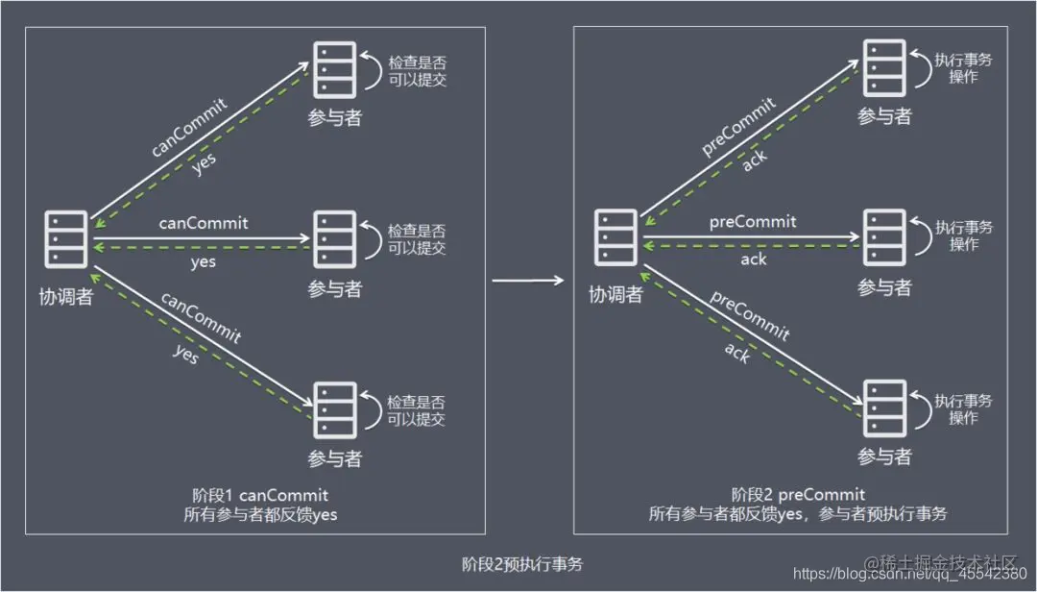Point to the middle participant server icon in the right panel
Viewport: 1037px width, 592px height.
pyautogui.click(x=883, y=236)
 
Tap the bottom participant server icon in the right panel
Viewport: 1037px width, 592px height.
pyautogui.click(x=883, y=408)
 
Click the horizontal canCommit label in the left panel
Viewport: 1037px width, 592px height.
pyautogui.click(x=204, y=223)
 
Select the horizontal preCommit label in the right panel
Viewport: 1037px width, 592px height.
pyautogui.click(x=753, y=222)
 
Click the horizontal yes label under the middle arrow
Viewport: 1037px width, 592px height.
pyautogui.click(x=204, y=261)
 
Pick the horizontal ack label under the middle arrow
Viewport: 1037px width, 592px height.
pyautogui.click(x=754, y=259)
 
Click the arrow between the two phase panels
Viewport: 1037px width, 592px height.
pyautogui.click(x=527, y=282)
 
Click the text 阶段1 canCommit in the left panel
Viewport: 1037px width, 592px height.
pyautogui.click(x=260, y=495)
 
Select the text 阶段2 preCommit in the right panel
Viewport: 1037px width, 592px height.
pyautogui.click(x=798, y=495)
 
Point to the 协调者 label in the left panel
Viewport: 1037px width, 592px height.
pyautogui.click(x=70, y=297)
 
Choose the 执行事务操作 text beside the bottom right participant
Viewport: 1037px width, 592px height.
pyautogui.click(x=964, y=409)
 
